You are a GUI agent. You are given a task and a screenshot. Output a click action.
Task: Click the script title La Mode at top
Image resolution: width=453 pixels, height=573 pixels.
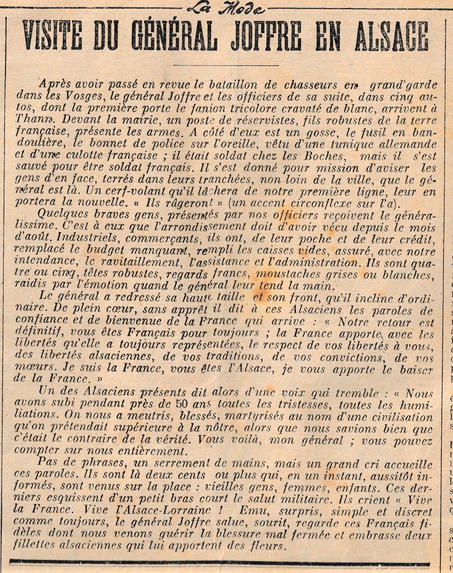point(225,8)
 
